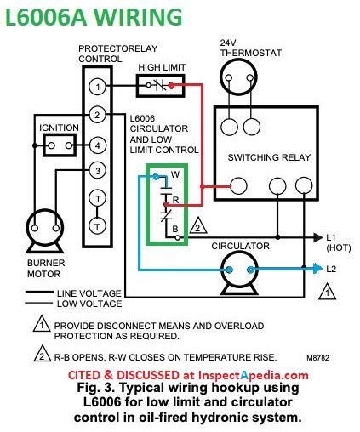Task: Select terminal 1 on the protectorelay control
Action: pos(99,87)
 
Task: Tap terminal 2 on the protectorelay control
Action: pos(99,115)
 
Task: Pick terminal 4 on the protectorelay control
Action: pos(99,144)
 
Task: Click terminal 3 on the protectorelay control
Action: pos(99,172)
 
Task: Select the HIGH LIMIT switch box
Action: pos(162,86)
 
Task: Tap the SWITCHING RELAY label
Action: pos(266,158)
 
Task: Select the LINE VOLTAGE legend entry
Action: pos(89,293)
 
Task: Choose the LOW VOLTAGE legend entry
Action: pos(89,304)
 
